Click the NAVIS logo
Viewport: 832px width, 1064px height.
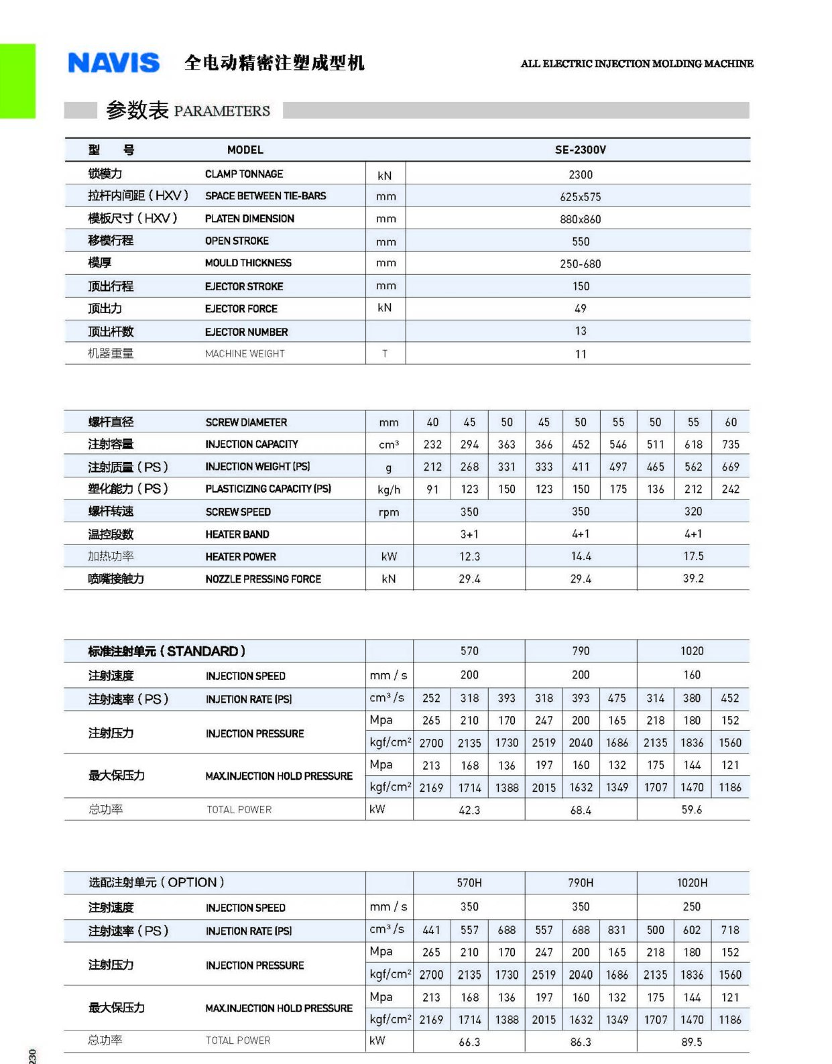[114, 63]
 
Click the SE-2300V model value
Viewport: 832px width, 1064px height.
[580, 150]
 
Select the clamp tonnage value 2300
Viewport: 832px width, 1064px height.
[581, 175]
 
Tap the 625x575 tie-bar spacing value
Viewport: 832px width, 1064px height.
[581, 197]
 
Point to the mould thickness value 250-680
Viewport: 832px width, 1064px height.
[581, 264]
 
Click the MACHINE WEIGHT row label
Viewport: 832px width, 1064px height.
[245, 354]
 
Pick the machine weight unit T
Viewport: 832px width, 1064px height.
[385, 354]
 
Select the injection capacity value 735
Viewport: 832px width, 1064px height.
[730, 445]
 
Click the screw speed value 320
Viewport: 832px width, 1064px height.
[693, 512]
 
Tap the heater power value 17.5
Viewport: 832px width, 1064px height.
[693, 556]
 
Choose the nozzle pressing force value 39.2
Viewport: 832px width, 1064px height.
[693, 579]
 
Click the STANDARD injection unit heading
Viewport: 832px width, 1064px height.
[167, 652]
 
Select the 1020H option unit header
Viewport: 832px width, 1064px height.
[692, 883]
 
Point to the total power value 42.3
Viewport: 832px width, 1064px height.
[469, 811]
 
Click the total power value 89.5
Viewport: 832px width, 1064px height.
[692, 1042]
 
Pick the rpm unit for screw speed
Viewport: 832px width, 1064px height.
[389, 512]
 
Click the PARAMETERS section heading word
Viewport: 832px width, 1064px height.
[222, 111]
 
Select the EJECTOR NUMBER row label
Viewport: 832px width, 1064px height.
[246, 332]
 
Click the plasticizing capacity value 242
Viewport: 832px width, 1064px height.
[730, 489]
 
